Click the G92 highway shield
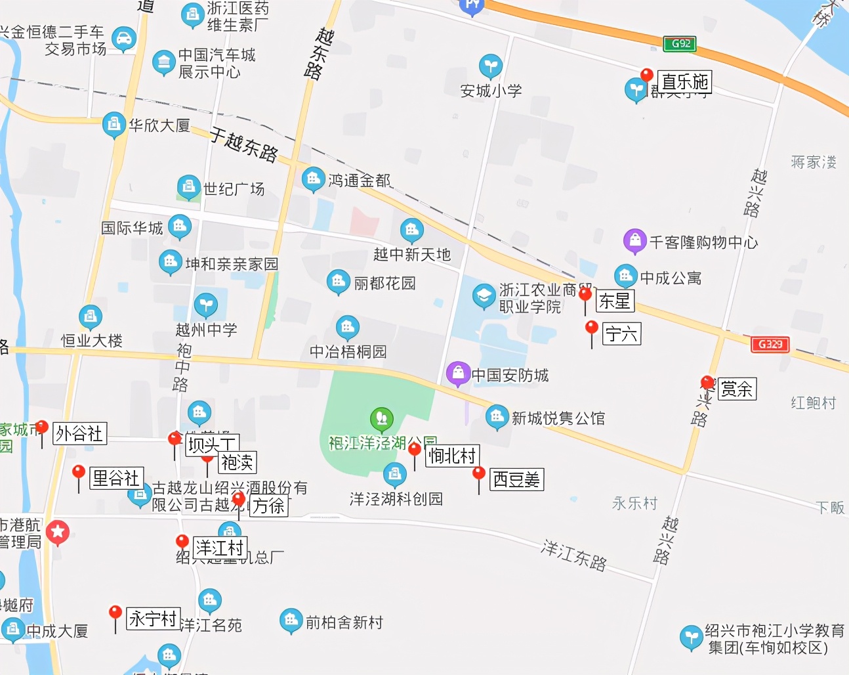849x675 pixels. click(679, 44)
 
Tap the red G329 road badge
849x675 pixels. click(770, 344)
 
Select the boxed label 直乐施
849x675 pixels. click(684, 82)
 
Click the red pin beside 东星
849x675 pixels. click(585, 294)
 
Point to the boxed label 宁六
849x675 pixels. click(621, 334)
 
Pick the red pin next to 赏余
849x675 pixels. click(707, 382)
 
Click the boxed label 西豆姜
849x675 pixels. click(516, 479)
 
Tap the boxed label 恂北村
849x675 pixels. click(452, 456)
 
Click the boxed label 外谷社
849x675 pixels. click(79, 433)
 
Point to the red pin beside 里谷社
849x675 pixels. click(79, 472)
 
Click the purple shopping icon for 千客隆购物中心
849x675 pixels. click(634, 241)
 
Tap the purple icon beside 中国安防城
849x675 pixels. click(458, 374)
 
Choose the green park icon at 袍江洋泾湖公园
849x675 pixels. click(381, 418)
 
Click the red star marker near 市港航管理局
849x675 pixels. click(58, 532)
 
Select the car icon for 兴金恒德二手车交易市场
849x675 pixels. click(123, 39)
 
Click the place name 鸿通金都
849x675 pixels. click(359, 180)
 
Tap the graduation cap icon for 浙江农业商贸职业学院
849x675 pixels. click(484, 296)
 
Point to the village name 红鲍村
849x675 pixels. click(813, 403)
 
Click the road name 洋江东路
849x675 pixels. click(573, 555)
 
